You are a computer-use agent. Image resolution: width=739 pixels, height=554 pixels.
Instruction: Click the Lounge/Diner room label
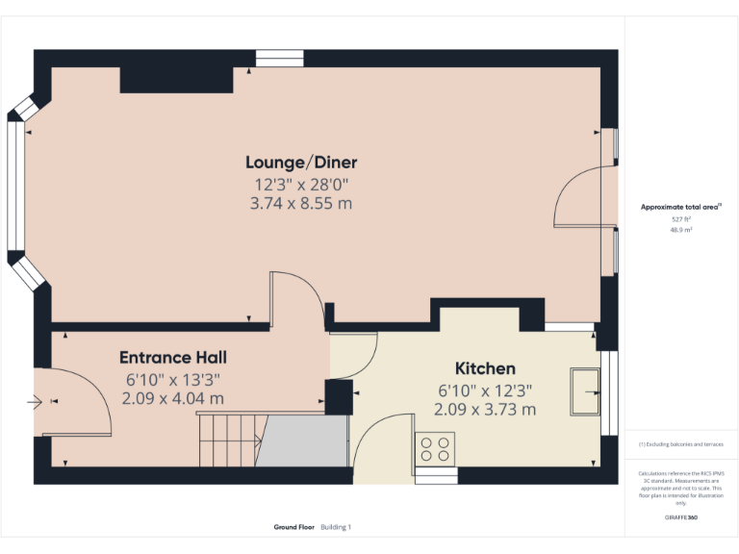[301, 163]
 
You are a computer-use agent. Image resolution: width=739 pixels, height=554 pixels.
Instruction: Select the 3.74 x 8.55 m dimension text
[301, 203]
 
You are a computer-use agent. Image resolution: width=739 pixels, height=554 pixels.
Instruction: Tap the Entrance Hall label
[173, 357]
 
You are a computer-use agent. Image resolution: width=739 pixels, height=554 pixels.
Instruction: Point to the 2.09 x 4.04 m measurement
[173, 397]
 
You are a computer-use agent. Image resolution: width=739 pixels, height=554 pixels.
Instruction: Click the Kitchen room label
[485, 368]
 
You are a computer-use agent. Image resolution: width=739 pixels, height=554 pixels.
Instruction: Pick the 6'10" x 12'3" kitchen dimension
[485, 390]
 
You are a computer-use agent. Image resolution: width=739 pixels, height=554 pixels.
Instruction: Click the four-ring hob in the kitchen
[435, 448]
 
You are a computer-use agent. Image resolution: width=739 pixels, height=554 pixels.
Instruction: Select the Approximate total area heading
[680, 207]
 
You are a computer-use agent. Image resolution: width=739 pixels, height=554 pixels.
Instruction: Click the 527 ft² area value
[681, 219]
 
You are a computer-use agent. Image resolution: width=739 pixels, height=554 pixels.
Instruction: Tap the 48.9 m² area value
[681, 230]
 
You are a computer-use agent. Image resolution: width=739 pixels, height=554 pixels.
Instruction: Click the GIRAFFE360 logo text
[680, 517]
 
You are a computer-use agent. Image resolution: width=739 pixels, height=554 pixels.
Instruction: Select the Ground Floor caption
[294, 527]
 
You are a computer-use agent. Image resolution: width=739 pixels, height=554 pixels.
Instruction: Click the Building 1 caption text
[336, 527]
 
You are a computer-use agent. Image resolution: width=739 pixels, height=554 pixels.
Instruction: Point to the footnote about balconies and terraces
[680, 444]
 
